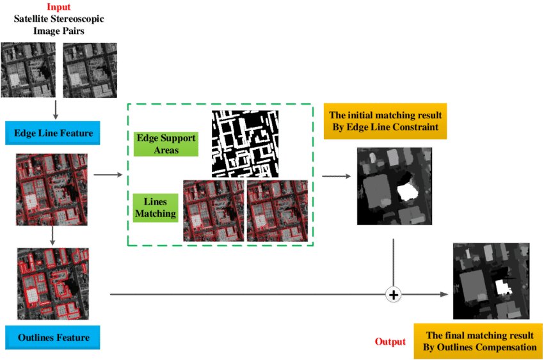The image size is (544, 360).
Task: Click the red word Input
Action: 59,8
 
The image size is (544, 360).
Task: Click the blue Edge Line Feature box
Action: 54,133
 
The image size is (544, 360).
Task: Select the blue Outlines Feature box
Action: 53,338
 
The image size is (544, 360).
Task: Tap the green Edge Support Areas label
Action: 166,145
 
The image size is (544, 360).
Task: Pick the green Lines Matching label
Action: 156,208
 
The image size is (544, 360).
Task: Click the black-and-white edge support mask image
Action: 245,144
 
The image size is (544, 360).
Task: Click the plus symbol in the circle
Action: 394,295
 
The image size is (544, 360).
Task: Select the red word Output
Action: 390,341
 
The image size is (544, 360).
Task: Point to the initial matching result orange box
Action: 384,121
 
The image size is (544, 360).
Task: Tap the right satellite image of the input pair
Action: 90,70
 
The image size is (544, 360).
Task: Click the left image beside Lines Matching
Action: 213,210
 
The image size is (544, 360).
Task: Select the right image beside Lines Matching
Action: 277,210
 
